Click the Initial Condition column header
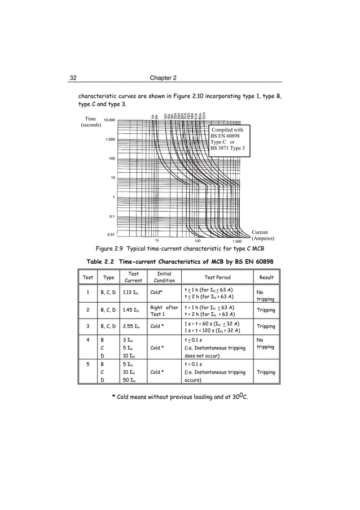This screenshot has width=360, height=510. [164, 277]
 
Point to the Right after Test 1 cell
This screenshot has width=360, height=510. [164, 310]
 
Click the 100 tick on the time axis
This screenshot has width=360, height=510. [112, 159]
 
